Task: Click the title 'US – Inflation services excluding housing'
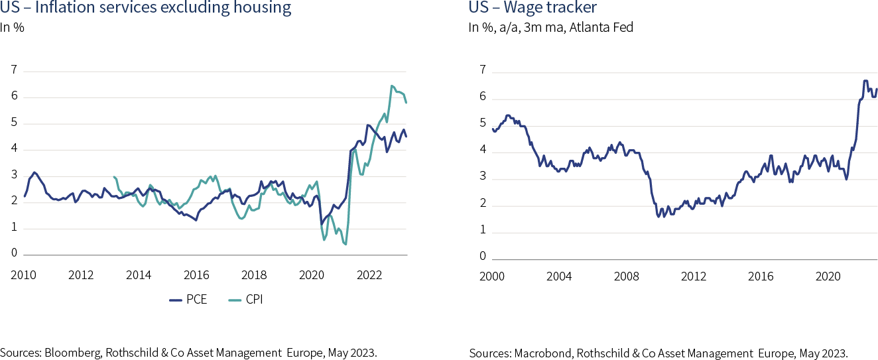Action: tap(146, 9)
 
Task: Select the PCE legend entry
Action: tap(189, 300)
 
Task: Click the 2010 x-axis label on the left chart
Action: tap(23, 275)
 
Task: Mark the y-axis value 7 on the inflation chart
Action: tap(13, 70)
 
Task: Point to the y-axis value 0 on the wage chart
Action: tap(483, 257)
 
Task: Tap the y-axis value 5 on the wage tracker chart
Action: tap(483, 123)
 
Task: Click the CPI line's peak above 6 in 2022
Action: tap(392, 86)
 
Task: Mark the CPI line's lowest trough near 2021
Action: tap(345, 245)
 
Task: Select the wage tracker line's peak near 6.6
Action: tap(865, 81)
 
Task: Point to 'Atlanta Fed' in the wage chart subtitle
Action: tap(611, 28)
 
